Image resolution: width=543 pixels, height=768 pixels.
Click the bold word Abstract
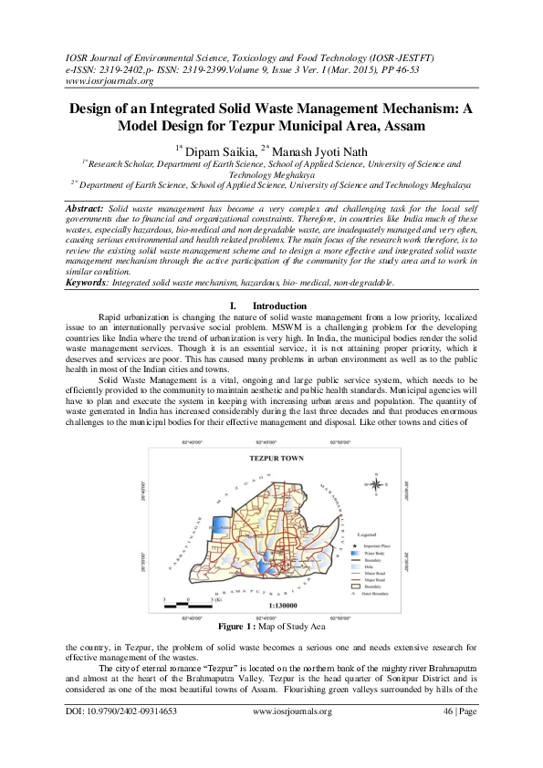click(x=85, y=209)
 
